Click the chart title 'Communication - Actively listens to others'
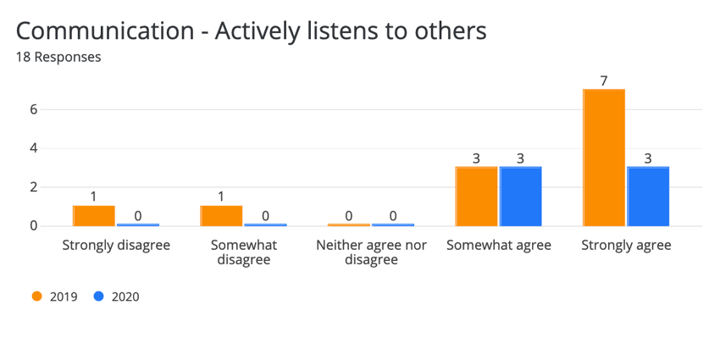coord(252,31)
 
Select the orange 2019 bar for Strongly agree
coord(604,158)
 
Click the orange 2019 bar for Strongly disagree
coord(94,216)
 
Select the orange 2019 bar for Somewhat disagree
coord(221,216)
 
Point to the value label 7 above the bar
coord(604,80)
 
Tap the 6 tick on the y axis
coord(33,109)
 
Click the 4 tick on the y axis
coord(33,148)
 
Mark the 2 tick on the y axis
coord(33,187)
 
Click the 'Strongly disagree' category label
coord(116,246)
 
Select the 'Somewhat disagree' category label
coord(243,252)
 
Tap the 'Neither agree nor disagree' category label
coord(371,252)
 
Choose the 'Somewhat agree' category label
coord(498,246)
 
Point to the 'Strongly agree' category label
coord(626,246)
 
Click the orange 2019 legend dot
coord(36,296)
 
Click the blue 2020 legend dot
coord(98,296)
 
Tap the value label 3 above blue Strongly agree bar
coord(648,158)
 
